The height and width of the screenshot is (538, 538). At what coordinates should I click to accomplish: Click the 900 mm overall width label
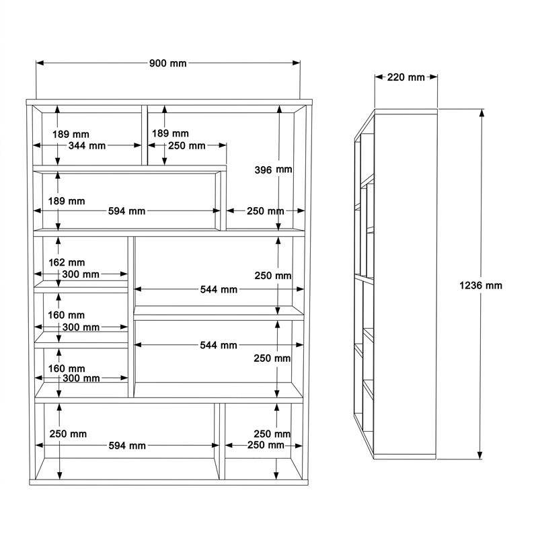167,63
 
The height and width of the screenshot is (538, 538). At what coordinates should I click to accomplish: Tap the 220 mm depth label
406,77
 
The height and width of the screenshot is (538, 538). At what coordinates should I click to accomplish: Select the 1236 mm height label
480,285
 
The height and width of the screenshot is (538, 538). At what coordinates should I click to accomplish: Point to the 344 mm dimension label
87,146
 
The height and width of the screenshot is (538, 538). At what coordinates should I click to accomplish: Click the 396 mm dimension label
273,169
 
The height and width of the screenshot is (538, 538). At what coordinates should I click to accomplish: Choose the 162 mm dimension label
67,262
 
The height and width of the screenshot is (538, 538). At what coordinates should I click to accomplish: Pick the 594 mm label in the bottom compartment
127,446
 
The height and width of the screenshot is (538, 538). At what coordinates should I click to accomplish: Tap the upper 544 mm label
219,290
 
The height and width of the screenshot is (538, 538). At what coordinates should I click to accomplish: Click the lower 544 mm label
219,345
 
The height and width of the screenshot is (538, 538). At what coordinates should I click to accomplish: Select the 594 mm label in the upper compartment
126,211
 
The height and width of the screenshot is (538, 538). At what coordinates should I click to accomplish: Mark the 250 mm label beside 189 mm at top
187,146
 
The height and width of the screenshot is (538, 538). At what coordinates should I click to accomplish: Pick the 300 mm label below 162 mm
81,274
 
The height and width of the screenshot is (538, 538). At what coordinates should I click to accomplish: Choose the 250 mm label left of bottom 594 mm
68,434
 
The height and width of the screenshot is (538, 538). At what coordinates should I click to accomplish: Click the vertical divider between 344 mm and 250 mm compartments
145,135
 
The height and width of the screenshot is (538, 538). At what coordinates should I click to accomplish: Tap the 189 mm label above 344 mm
71,134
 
